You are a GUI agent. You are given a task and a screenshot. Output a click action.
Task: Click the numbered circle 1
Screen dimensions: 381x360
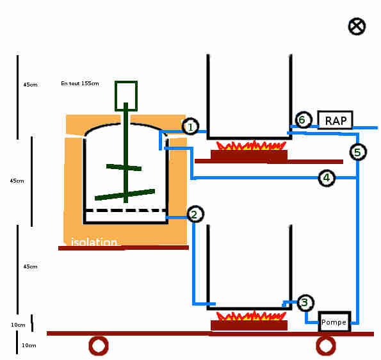coord(191,126)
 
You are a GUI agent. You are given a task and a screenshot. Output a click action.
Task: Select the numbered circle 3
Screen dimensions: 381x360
coord(305,302)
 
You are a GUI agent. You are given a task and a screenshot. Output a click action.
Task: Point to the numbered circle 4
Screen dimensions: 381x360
coord(327,177)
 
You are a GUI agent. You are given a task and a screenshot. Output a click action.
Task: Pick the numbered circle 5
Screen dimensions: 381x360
coord(358,152)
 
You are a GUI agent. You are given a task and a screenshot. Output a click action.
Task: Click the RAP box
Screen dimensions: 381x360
coord(335,120)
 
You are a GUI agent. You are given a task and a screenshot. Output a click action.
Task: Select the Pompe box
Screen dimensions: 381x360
coord(334,322)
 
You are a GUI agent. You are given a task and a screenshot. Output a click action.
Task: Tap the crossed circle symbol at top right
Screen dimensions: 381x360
coord(357,26)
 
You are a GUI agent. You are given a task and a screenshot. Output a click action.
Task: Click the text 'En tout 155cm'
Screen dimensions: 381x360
coord(80,83)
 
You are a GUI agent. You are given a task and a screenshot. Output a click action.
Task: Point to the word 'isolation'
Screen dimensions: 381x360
coord(94,242)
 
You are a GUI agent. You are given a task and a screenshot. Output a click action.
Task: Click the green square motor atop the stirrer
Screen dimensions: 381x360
coord(126,96)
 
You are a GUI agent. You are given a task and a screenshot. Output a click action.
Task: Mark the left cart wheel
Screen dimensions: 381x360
coord(99,346)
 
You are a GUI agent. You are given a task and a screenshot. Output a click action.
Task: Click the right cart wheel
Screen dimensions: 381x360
coord(326,346)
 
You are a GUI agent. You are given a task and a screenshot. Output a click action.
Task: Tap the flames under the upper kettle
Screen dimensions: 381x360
coord(251,145)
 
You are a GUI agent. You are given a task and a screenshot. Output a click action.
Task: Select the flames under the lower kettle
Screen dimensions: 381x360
coord(251,316)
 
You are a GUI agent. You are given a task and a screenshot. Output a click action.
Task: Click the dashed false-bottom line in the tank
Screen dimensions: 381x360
coord(126,211)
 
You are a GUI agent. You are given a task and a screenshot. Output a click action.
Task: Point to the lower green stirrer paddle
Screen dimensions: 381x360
coord(125,195)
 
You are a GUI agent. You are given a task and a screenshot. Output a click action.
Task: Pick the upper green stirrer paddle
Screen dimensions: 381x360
coord(124,167)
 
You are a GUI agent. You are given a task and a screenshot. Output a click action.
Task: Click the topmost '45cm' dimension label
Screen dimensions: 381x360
coord(30,85)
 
